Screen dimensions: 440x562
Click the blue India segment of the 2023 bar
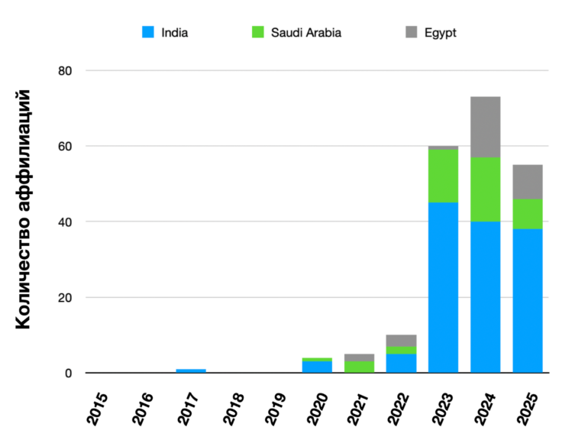coord(443,287)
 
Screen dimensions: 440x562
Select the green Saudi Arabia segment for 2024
coord(485,189)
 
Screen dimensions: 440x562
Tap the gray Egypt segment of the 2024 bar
coord(485,127)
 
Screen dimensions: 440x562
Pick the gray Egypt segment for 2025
coord(527,182)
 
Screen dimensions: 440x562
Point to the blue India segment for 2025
coord(527,300)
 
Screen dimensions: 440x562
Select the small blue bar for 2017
coord(190,370)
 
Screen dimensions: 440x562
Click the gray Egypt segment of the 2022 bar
coord(401,340)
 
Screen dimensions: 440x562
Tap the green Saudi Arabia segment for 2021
coord(359,367)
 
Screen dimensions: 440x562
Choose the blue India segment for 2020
coord(317,367)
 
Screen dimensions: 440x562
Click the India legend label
coord(175,33)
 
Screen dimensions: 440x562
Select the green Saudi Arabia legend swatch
coord(257,33)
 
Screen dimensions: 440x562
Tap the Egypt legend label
coord(441,33)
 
